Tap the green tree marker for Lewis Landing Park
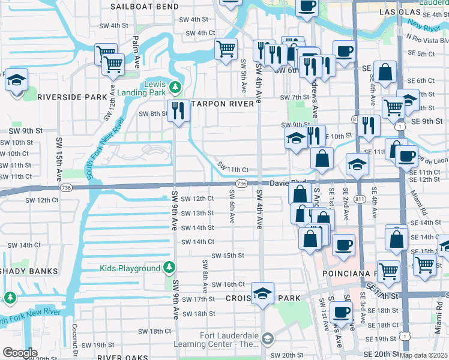(x=175, y=87)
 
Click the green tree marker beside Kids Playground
(x=170, y=267)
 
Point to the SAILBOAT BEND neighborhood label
(x=145, y=6)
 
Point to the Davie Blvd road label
(x=288, y=182)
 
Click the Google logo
(x=20, y=353)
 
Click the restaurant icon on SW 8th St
(x=178, y=111)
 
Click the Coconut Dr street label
(x=75, y=338)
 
